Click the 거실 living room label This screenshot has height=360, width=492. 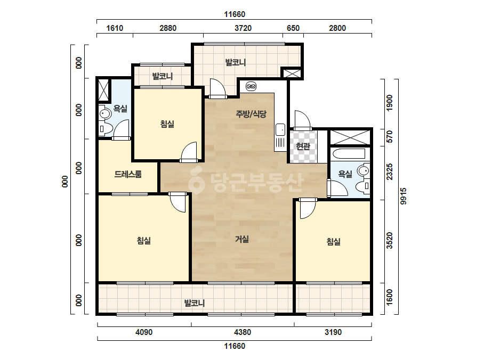[x=242, y=239]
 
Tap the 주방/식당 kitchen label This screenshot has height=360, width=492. [x=251, y=114]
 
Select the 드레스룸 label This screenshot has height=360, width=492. [x=128, y=174]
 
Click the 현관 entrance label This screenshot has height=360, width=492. [x=303, y=146]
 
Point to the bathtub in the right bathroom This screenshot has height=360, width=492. [x=349, y=154]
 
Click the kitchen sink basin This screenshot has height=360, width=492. [x=280, y=129]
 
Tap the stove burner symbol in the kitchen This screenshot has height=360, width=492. [x=251, y=86]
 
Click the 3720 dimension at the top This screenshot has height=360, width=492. [x=243, y=28]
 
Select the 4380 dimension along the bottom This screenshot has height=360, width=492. [x=243, y=332]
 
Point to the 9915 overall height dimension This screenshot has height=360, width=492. [x=403, y=197]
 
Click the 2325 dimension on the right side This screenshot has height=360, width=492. [x=390, y=172]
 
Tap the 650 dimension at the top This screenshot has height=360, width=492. [x=293, y=28]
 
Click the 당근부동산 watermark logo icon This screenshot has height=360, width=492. [x=196, y=181]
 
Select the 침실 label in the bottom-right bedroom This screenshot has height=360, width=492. [x=333, y=242]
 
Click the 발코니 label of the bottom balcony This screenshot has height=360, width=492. [x=194, y=303]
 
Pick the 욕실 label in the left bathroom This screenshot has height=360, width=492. [x=120, y=109]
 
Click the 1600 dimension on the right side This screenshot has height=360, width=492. [x=390, y=297]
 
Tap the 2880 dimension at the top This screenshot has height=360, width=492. [x=168, y=28]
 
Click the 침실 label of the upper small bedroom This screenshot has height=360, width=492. [x=167, y=124]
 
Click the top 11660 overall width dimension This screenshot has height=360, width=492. [x=235, y=14]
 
